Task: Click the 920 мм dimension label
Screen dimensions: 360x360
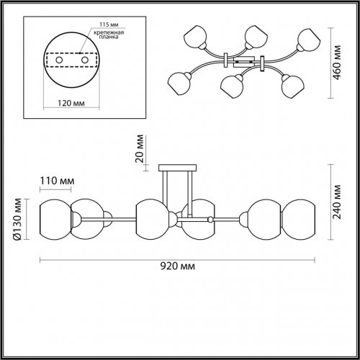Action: pos(178,266)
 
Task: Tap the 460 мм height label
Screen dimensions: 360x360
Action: pos(337,63)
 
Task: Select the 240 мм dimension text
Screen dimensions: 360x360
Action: pos(337,202)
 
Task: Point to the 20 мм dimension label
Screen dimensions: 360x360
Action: pos(140,148)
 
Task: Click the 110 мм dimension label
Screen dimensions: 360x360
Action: pos(57,181)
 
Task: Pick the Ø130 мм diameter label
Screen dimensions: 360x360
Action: pos(17,219)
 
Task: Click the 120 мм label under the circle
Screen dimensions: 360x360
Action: pos(71,103)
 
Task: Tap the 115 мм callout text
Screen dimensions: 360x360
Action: pos(109,24)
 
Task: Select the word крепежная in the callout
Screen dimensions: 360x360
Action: pos(109,32)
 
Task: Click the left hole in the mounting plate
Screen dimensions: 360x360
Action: pos(59,60)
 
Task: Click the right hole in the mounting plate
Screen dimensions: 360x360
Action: pos(85,60)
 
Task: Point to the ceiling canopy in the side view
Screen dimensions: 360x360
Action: pos(178,168)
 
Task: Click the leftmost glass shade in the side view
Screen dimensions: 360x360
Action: pos(55,220)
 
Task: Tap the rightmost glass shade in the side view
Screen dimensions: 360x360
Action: pos(298,220)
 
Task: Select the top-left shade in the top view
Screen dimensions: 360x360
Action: pos(195,37)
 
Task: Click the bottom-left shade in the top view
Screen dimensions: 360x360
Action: pos(179,84)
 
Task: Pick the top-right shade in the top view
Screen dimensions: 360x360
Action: pos(309,40)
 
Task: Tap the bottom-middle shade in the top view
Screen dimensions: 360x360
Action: pos(232,86)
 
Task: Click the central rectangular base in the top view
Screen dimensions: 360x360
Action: pos(243,62)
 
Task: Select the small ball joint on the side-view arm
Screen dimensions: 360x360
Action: pos(210,220)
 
